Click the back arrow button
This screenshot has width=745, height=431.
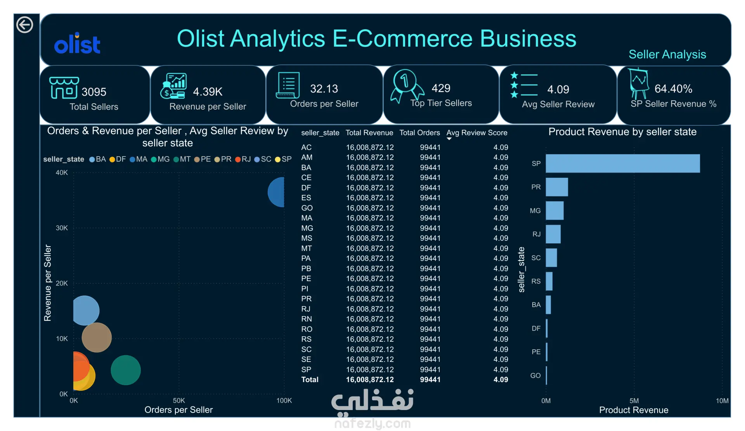24,25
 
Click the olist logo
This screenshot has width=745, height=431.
77,43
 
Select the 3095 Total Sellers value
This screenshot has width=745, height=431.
94,92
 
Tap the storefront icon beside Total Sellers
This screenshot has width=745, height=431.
64,87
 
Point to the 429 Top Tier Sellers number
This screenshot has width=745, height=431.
441,88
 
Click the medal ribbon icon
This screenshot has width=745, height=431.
407,86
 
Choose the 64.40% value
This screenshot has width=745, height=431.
673,89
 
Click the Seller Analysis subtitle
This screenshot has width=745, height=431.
667,54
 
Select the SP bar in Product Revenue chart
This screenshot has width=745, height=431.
623,163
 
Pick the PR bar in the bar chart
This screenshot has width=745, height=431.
557,187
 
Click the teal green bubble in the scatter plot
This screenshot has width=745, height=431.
126,370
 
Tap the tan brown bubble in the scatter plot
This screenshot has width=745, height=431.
97,337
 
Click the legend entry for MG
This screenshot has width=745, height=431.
160,159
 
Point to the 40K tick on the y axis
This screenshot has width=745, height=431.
62,172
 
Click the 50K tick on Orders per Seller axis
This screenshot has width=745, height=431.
179,400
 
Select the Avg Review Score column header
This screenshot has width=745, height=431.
477,133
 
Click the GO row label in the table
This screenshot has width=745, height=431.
307,208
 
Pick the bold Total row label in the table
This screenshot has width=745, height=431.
310,380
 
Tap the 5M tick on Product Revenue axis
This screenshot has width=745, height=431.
634,401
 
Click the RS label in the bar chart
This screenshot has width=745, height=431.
536,282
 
